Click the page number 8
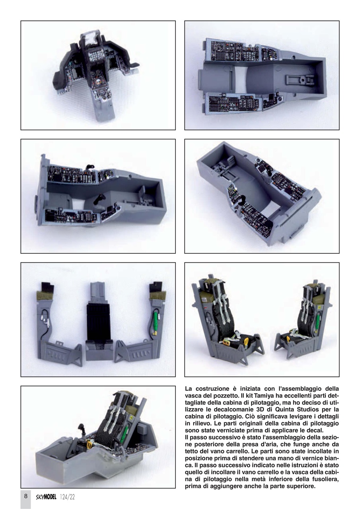point(25,496)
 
